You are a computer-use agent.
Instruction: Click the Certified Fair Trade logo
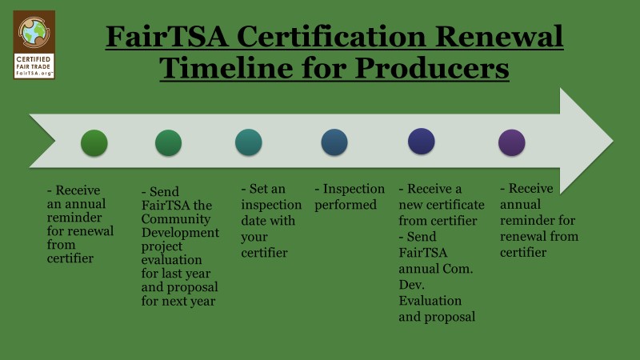[x=34, y=45]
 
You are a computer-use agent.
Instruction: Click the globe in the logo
[x=34, y=32]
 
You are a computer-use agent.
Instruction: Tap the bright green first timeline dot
[x=94, y=143]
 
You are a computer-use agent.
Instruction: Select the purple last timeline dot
[x=511, y=142]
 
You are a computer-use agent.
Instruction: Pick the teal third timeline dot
[x=249, y=142]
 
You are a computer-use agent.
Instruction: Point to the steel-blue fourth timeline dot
[x=334, y=142]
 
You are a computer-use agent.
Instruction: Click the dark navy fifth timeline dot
[x=422, y=142]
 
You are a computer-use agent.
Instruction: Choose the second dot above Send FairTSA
[x=168, y=143]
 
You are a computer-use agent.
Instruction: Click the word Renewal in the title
[x=498, y=37]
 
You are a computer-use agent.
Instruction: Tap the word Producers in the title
[x=432, y=68]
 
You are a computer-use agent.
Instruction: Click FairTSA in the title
[x=167, y=37]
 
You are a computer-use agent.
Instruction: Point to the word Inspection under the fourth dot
[x=354, y=189]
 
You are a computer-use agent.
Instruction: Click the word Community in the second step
[x=176, y=219]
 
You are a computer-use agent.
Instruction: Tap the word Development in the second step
[x=181, y=233]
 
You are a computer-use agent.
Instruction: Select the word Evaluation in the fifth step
[x=430, y=301]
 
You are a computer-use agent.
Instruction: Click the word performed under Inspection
[x=346, y=205]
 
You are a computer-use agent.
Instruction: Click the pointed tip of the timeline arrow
[x=613, y=141]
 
